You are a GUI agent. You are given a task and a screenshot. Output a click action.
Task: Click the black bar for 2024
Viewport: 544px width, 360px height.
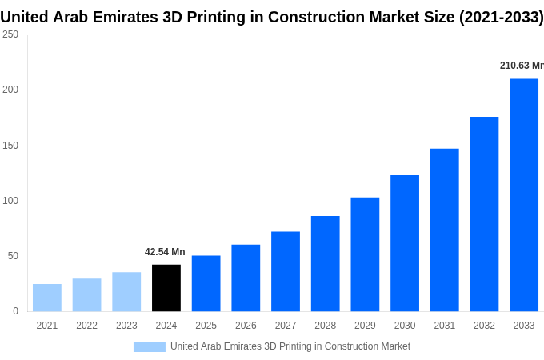166,288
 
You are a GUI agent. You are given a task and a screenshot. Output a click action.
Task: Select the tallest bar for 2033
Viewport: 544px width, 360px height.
524,195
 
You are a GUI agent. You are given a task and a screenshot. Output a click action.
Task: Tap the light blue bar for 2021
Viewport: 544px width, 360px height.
47,298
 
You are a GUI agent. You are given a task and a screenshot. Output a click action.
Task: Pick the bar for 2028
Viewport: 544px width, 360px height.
326,264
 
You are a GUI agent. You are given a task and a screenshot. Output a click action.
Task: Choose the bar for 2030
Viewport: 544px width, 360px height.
405,243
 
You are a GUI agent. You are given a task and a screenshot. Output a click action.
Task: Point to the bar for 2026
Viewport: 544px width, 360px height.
246,278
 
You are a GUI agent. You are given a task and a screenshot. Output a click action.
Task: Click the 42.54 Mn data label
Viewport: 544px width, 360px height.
165,252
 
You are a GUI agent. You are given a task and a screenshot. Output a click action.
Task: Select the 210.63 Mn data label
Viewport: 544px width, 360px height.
521,66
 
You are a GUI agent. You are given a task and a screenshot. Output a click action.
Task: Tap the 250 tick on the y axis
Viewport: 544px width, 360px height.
10,34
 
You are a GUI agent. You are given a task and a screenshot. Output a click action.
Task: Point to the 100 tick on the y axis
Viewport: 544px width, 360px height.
10,200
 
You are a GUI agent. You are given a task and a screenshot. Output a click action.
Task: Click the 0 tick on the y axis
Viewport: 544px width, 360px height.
15,311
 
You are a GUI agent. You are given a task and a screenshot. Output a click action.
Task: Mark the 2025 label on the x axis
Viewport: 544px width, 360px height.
206,326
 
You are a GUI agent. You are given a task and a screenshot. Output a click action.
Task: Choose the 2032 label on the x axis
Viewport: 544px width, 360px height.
484,326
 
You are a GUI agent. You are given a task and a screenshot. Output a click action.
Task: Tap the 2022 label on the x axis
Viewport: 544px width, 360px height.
86,326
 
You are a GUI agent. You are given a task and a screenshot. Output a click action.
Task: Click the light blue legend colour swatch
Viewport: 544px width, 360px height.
149,347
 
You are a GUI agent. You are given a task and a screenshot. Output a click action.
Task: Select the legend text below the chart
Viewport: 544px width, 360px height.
290,346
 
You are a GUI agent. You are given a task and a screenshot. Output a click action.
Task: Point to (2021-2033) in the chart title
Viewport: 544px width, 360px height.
501,17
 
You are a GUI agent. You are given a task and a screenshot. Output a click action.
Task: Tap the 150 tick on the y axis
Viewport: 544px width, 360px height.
10,145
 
